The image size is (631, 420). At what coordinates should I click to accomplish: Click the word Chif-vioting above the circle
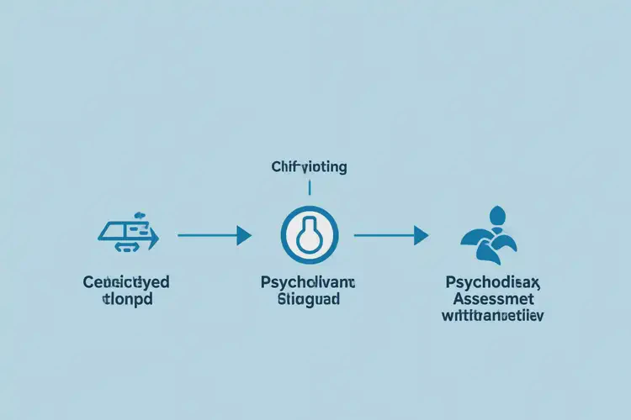(310, 167)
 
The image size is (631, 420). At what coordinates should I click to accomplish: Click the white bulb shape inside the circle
(310, 234)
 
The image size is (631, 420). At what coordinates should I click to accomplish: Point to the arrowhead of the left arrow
(244, 235)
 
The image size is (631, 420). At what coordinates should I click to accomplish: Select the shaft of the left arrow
(206, 235)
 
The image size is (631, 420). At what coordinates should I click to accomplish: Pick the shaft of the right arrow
(383, 235)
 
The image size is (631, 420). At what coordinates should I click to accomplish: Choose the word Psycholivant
(308, 283)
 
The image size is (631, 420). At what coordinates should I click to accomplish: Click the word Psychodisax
(490, 283)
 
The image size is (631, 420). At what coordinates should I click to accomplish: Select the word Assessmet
(490, 300)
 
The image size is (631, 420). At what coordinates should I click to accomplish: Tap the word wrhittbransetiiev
(490, 317)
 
